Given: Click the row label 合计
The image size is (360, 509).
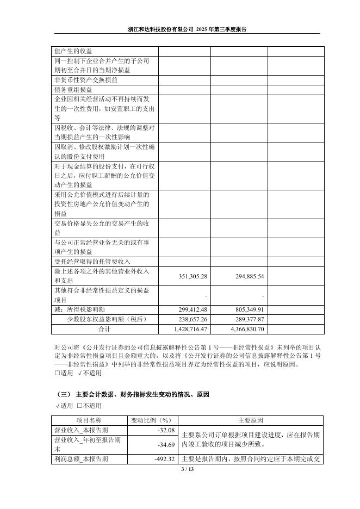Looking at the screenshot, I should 104,329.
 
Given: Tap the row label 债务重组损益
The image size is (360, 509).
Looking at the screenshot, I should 73,89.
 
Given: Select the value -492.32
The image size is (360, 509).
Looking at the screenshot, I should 162,459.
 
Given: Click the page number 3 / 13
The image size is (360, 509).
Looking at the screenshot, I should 179,469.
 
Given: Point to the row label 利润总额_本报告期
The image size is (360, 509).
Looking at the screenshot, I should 81,459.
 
